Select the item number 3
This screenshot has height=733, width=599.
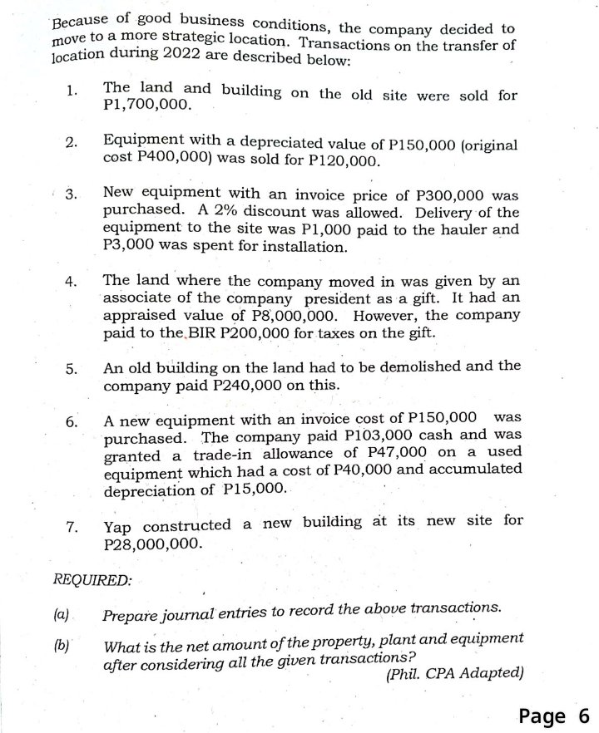[x=72, y=196]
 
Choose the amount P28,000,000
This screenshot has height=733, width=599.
[x=152, y=544]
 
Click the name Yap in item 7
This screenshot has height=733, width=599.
[x=119, y=526]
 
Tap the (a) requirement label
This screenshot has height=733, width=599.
[x=60, y=616]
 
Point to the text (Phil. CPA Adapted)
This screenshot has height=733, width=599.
[x=455, y=674]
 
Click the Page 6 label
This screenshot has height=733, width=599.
[x=553, y=715]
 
